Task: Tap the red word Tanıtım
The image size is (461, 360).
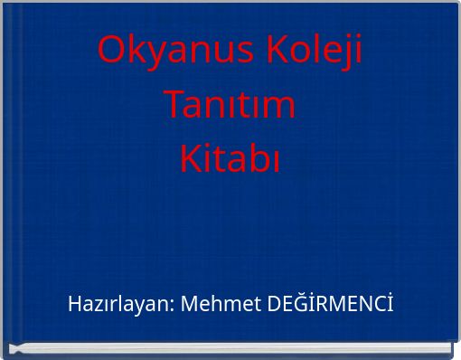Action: coord(230,105)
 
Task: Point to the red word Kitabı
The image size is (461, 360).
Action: coord(230,159)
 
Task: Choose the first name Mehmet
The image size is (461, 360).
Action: coord(221,304)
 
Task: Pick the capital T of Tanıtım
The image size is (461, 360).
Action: coord(174,105)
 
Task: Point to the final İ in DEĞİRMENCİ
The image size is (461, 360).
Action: coord(390,303)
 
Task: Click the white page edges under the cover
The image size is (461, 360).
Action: coord(230,349)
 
